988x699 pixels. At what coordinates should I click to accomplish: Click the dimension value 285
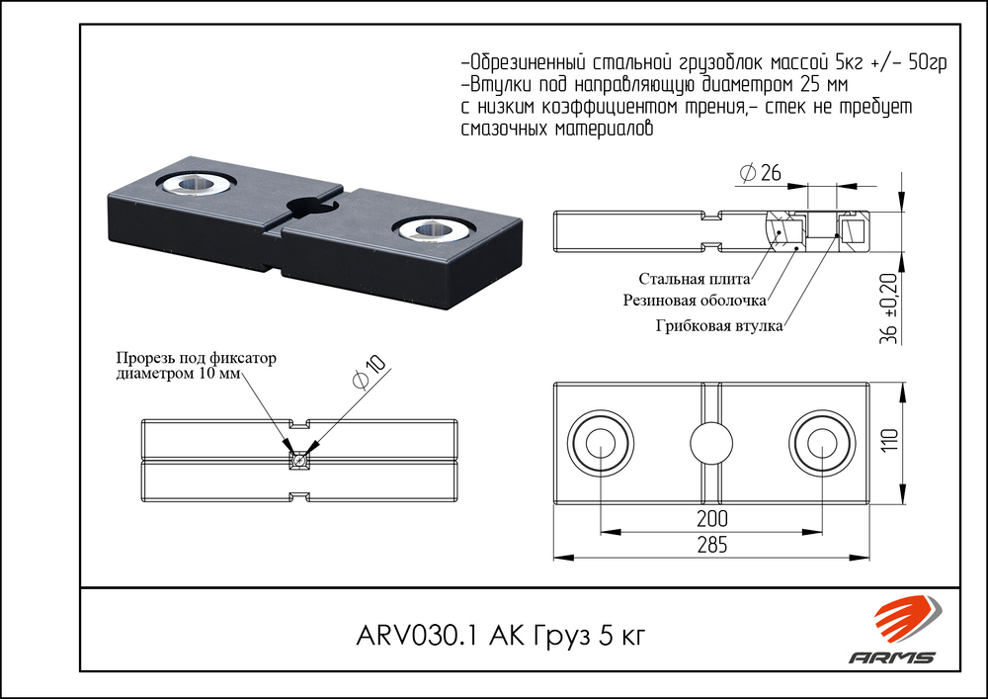click(711, 544)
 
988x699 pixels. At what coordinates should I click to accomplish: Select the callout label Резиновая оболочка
click(695, 300)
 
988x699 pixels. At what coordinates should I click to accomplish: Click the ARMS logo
click(893, 632)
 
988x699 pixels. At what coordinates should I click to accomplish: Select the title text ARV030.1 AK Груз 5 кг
click(499, 635)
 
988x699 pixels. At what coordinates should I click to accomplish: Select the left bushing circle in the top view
click(598, 443)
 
